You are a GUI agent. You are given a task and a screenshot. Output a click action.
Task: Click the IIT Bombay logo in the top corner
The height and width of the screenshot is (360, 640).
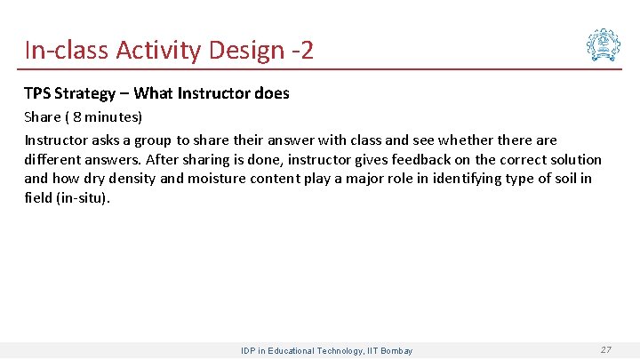click(604, 44)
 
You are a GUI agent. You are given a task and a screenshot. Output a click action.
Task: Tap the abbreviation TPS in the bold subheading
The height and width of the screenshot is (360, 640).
click(37, 93)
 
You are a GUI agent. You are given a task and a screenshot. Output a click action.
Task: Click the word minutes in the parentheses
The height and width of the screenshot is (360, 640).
click(108, 117)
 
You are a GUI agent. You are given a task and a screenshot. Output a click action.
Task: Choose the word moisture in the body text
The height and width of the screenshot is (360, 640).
click(240, 180)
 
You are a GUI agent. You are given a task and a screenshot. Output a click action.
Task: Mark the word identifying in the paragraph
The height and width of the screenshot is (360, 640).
click(492, 180)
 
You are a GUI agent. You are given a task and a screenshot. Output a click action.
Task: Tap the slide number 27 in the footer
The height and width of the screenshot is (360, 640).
click(605, 350)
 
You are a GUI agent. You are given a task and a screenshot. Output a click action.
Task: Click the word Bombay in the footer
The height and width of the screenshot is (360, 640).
click(396, 351)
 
